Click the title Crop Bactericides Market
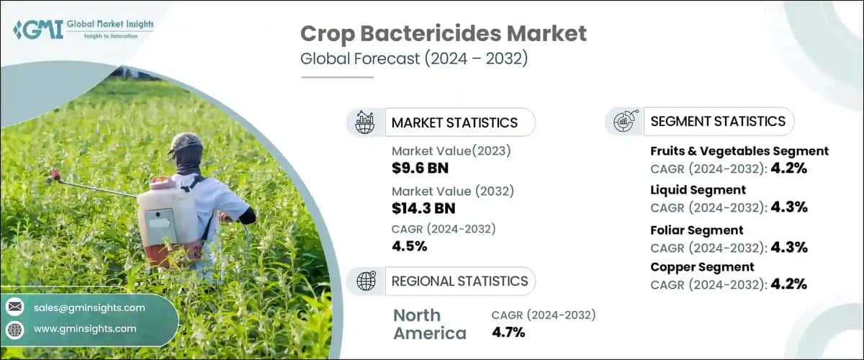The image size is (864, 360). click(x=444, y=34)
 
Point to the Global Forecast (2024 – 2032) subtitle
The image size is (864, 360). click(x=414, y=59)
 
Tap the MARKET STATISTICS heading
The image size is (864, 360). click(x=454, y=122)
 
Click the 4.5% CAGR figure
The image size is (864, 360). click(x=410, y=246)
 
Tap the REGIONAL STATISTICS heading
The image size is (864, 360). click(x=459, y=281)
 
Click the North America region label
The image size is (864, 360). click(x=429, y=324)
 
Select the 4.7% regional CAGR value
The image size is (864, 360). click(x=508, y=332)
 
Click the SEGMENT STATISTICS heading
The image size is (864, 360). click(x=717, y=121)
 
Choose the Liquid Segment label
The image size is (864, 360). click(x=698, y=190)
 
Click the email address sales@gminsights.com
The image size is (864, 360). click(x=89, y=308)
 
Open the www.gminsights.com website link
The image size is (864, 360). click(x=85, y=329)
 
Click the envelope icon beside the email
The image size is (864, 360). click(x=14, y=308)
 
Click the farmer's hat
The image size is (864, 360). click(x=184, y=142)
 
